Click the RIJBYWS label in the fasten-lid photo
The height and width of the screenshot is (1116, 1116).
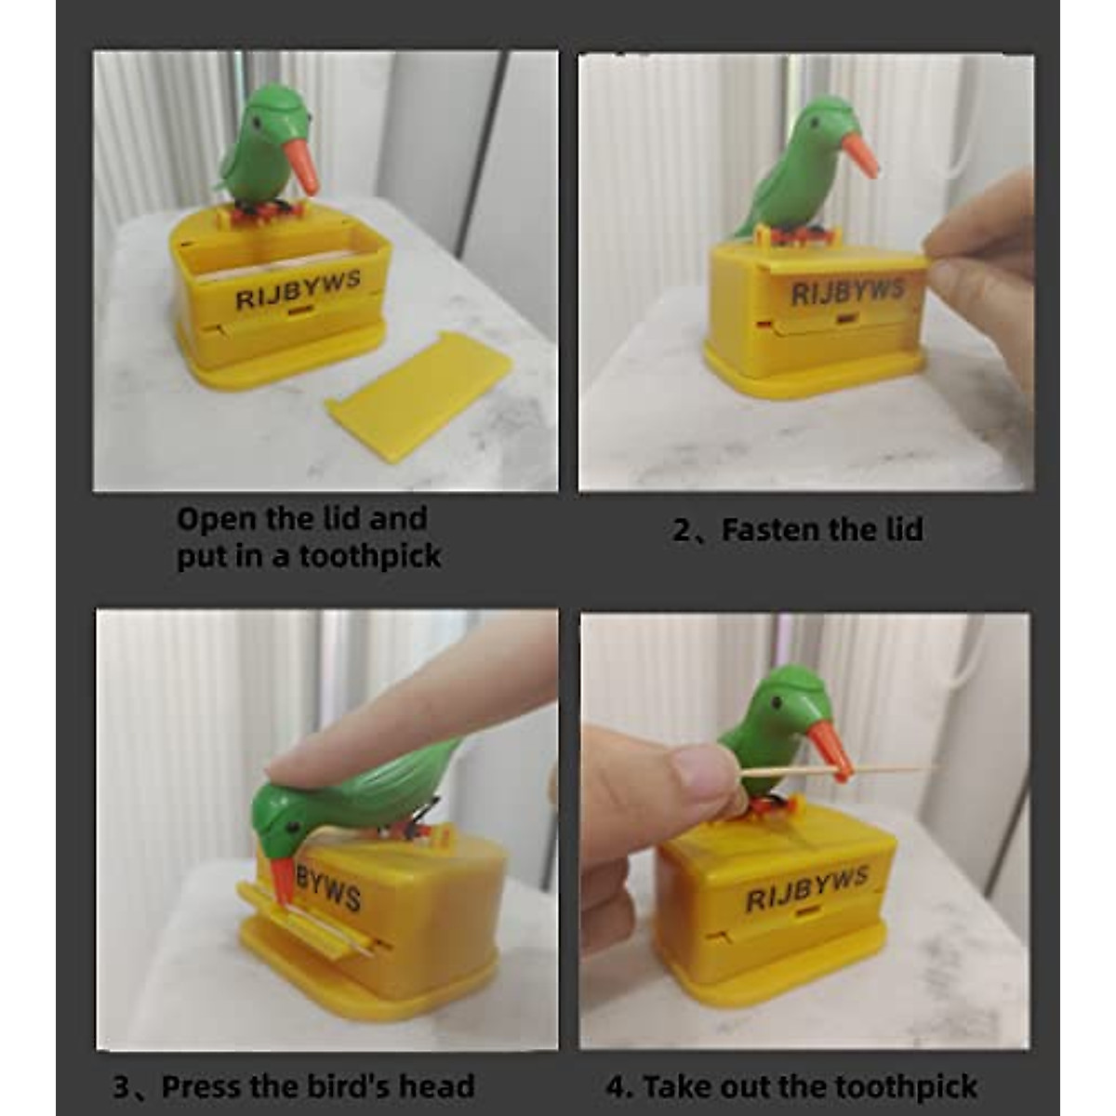coord(847,292)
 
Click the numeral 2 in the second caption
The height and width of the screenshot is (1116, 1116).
coord(682,531)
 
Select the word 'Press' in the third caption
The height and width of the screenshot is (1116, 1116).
coord(207,1086)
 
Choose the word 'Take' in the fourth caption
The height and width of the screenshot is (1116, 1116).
coord(677,1086)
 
